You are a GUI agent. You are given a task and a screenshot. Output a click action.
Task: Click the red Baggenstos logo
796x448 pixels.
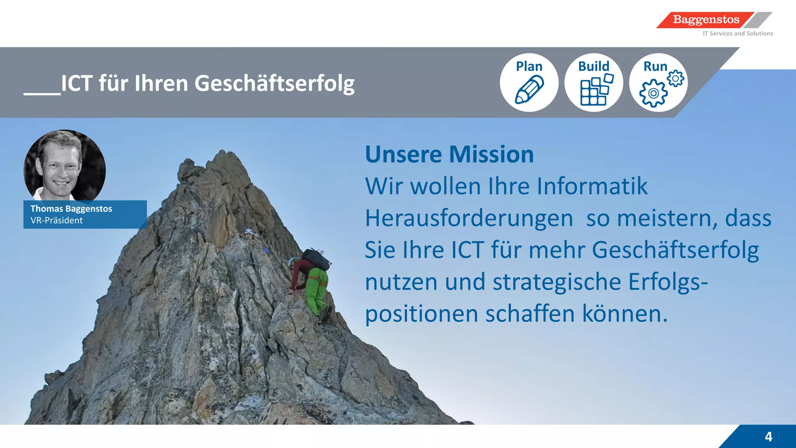click(705, 20)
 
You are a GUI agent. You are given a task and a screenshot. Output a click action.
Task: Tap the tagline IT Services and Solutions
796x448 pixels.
click(737, 34)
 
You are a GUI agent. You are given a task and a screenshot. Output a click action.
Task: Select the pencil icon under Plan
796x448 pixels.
click(529, 90)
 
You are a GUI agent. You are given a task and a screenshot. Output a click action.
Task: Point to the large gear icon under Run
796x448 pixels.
click(653, 93)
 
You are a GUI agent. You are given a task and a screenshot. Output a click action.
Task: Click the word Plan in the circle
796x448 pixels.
click(529, 66)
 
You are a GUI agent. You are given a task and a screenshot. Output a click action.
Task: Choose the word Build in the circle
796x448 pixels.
click(594, 66)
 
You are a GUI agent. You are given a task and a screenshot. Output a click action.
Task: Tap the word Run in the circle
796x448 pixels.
click(655, 66)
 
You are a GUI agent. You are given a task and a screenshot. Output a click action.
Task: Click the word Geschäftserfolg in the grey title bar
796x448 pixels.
click(274, 84)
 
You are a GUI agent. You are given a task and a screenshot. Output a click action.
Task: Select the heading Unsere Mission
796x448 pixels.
click(449, 154)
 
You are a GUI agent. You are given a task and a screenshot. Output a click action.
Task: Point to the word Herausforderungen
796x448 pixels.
click(469, 218)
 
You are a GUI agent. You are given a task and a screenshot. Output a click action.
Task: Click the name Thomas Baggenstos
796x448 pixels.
click(71, 209)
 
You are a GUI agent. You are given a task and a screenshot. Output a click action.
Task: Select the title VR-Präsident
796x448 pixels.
click(57, 220)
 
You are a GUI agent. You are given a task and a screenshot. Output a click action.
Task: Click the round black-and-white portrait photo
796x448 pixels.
click(65, 166)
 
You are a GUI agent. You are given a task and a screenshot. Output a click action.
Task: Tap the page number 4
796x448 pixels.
click(768, 437)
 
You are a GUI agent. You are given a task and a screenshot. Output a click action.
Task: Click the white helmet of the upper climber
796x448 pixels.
click(248, 232)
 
